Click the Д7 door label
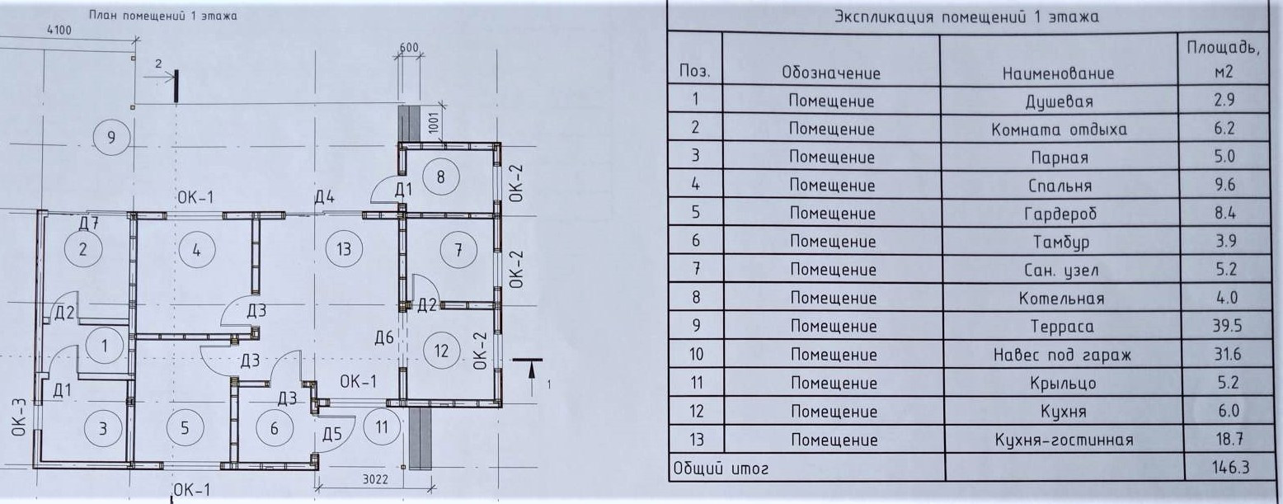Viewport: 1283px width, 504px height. tap(89, 223)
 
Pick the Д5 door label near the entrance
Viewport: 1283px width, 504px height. tap(332, 434)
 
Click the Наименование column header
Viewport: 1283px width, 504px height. tap(1058, 73)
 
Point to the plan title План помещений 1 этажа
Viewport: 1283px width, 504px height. tap(162, 16)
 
